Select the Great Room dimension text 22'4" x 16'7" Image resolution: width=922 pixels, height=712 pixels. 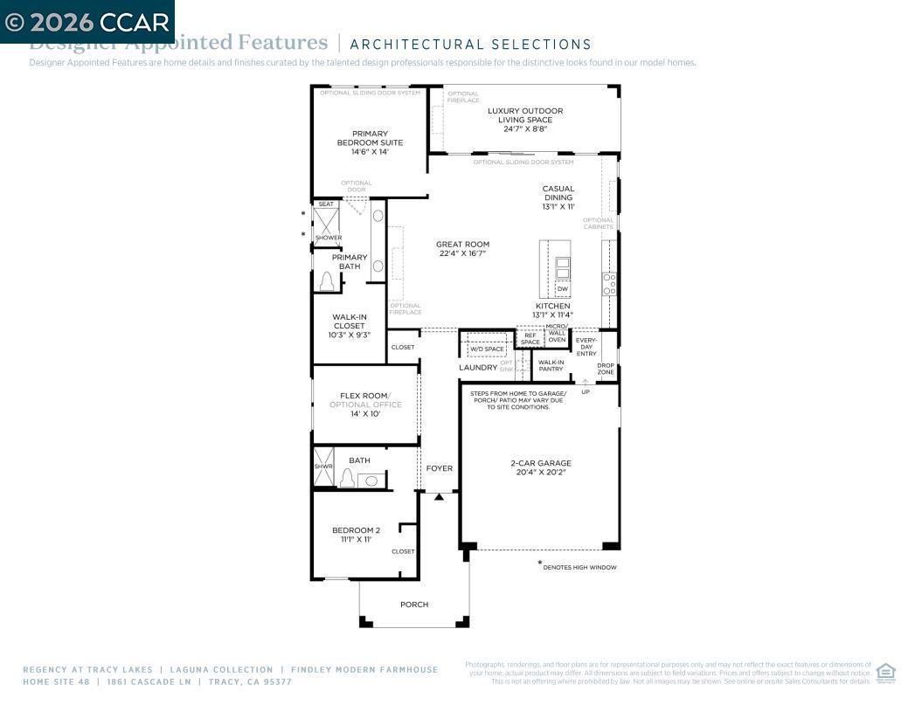click(462, 254)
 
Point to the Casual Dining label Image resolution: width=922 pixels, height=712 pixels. click(558, 193)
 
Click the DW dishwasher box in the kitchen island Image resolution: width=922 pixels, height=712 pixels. click(562, 289)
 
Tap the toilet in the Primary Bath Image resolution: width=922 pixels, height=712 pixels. click(328, 281)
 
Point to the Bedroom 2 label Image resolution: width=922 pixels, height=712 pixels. click(356, 530)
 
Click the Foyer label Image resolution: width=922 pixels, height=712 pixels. click(440, 469)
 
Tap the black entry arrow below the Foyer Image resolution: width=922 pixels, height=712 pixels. click(440, 497)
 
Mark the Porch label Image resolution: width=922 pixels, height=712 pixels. click(414, 605)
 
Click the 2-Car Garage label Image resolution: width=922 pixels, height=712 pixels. click(541, 464)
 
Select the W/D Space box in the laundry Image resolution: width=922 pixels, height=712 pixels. click(487, 349)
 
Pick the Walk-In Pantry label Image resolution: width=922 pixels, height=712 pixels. click(551, 365)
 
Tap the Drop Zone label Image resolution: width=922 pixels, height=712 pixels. click(606, 369)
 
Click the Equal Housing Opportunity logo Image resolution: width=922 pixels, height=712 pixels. click(885, 673)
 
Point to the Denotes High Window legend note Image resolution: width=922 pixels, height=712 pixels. click(579, 567)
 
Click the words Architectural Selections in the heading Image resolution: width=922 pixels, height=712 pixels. click(470, 45)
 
